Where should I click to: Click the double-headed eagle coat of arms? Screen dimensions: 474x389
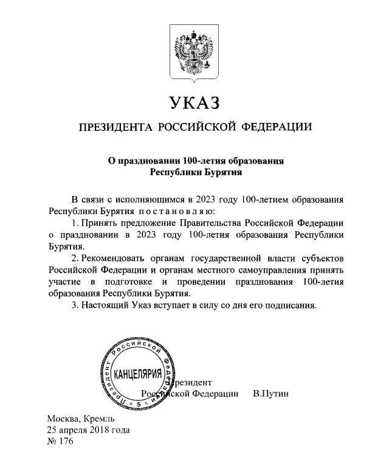coord(194,54)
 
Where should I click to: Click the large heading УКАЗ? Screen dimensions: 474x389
coord(194,102)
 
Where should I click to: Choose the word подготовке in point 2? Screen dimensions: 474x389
coord(128,282)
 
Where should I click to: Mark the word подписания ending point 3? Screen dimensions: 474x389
coord(294,305)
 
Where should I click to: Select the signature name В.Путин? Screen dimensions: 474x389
coord(270,394)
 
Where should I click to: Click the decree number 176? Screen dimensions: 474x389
coord(65,442)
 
